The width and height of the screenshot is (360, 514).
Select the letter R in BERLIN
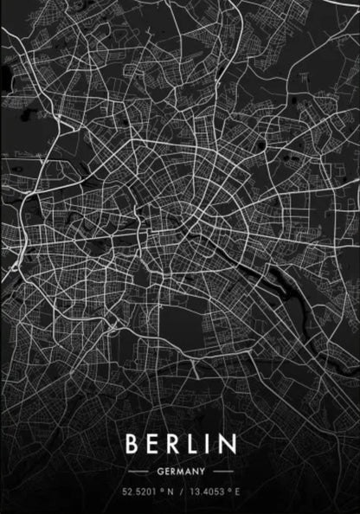pos(177,445)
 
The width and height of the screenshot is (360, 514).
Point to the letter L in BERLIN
pos(197,445)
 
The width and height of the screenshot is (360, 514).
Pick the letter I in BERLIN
pos(212,445)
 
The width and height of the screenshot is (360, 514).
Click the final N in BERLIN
pos(228,445)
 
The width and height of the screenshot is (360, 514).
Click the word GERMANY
pos(181,472)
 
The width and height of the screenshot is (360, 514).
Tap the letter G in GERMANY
pos(161,472)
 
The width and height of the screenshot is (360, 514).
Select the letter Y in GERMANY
pos(201,472)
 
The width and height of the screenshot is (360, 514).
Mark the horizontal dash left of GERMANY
pos(138,472)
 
